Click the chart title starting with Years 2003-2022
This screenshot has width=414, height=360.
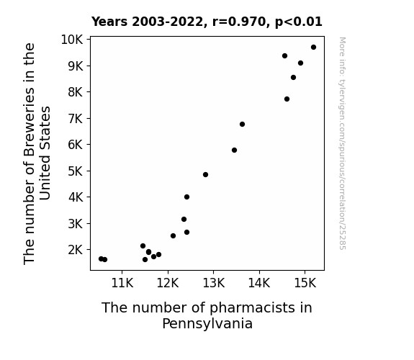[x=207, y=22]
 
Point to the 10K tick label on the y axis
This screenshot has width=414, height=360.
[x=72, y=40]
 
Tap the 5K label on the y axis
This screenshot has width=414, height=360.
[x=76, y=171]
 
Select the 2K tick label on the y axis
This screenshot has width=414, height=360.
[x=76, y=250]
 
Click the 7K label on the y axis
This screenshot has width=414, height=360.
[x=76, y=119]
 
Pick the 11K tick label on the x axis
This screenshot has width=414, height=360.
[x=122, y=283]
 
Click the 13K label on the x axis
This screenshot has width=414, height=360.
[x=213, y=283]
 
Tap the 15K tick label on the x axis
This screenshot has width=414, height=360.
[x=305, y=283]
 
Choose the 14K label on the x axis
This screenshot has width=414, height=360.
[x=259, y=283]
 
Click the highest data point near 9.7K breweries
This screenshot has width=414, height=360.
[x=313, y=48]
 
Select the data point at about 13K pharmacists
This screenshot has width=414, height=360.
[x=205, y=174]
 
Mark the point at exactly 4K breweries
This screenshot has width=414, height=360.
[x=186, y=197]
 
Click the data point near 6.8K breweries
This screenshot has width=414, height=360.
[x=242, y=124]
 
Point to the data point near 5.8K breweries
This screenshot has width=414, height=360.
[x=234, y=150]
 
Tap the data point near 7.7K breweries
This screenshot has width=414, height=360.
[x=287, y=99]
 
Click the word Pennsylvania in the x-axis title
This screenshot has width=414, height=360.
[x=207, y=323]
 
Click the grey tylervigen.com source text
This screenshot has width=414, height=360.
[x=342, y=143]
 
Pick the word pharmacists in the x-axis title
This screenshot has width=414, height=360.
[x=248, y=308]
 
